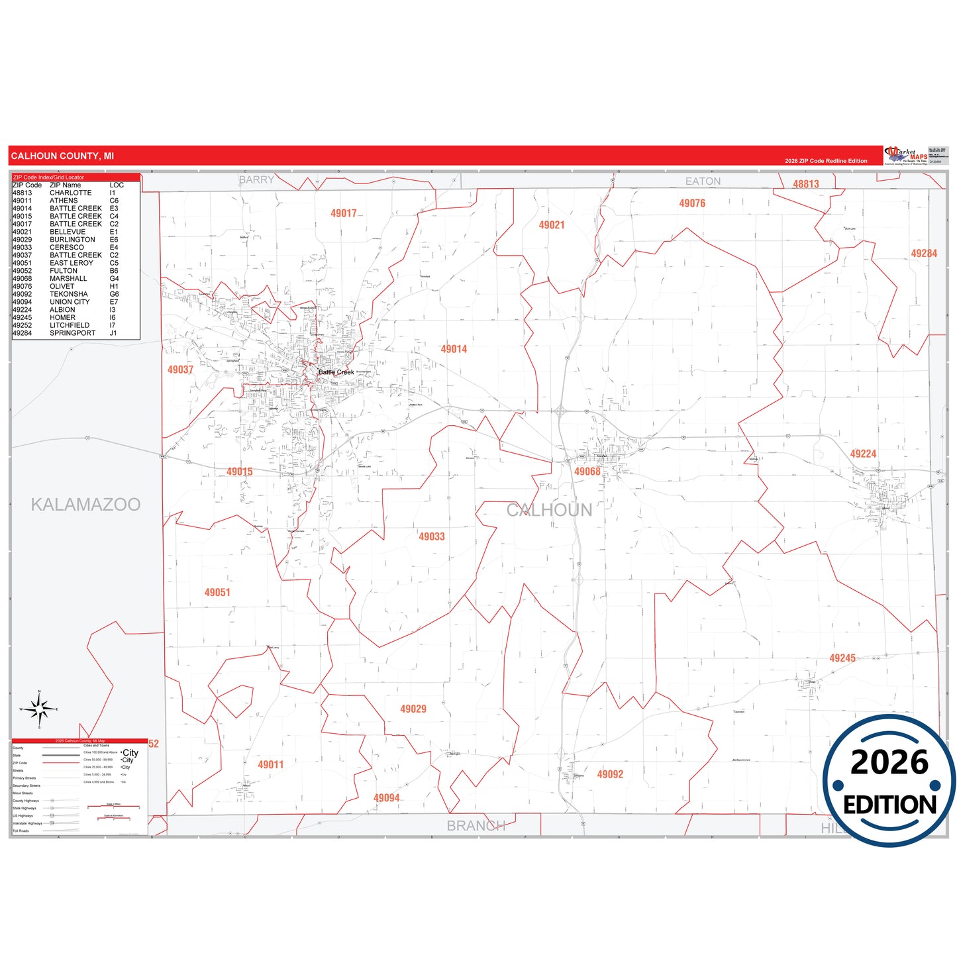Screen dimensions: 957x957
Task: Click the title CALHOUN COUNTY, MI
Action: [62, 156]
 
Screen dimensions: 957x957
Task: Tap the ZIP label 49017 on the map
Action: [344, 213]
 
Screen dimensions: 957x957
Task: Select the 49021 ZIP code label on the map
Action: [552, 225]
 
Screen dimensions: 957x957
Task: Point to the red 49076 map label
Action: [692, 203]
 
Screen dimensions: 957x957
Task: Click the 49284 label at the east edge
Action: [924, 254]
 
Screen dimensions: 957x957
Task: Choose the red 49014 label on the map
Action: [454, 349]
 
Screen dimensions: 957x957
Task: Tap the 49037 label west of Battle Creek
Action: [180, 370]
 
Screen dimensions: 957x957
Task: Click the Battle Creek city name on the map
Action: [336, 372]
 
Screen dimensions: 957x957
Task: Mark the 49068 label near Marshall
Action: [587, 472]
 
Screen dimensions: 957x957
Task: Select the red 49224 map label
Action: [863, 454]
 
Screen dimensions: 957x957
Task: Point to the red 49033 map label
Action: [432, 536]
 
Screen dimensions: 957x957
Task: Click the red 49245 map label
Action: [842, 658]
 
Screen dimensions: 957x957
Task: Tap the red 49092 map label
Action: [610, 774]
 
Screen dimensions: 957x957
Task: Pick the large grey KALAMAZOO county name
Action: [85, 505]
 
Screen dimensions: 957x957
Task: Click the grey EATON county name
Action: [703, 181]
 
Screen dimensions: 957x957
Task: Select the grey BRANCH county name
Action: [476, 826]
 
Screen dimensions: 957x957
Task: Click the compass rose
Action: [40, 709]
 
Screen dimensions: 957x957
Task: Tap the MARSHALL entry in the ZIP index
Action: [68, 279]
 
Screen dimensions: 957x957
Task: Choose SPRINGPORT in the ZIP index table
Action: [72, 333]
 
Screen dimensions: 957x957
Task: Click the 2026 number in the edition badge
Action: [889, 763]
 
